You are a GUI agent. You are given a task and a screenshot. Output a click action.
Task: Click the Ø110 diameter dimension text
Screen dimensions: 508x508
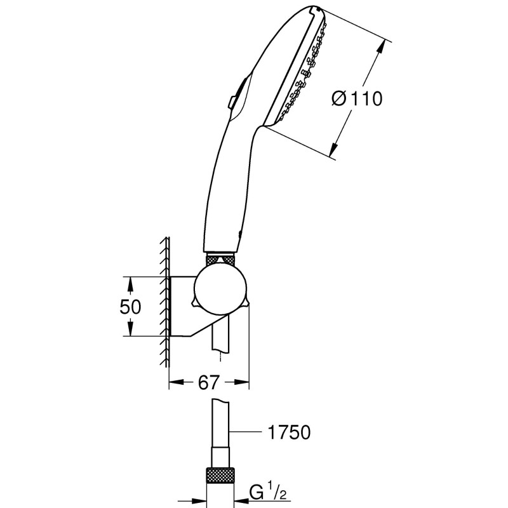(357, 98)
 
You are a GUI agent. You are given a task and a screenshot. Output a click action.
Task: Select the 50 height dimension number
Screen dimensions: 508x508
(130, 307)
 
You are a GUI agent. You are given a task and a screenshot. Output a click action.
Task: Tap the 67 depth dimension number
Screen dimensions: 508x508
(208, 382)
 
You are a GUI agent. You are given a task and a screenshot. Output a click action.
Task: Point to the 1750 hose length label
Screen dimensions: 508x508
(286, 433)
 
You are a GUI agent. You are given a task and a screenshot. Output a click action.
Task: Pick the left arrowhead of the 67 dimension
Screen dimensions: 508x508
(175, 383)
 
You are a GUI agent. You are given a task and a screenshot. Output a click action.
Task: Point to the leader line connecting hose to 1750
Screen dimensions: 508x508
(248, 433)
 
